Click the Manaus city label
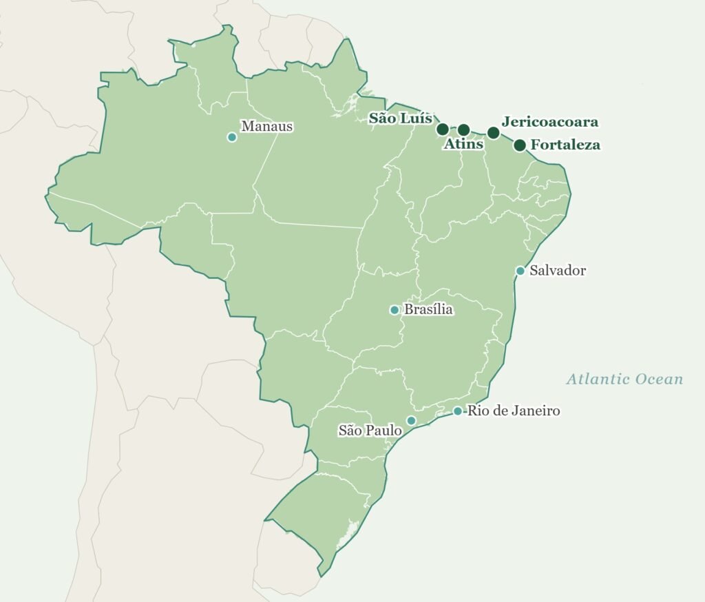[266, 127]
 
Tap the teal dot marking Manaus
[232, 137]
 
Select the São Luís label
[400, 118]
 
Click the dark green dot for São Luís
[443, 129]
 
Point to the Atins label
[463, 144]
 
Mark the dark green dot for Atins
[463, 129]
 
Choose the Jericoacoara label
[550, 122]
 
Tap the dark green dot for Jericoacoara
[493, 132]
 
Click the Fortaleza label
[565, 145]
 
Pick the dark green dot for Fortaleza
[520, 145]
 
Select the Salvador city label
[557, 271]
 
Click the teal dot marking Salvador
[520, 271]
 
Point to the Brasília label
[428, 309]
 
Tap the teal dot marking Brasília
[394, 310]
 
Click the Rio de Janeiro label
[513, 411]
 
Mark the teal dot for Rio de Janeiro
[458, 411]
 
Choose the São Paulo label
[370, 430]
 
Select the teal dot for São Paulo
[411, 420]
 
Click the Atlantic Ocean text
[624, 379]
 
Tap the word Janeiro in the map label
[535, 411]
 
